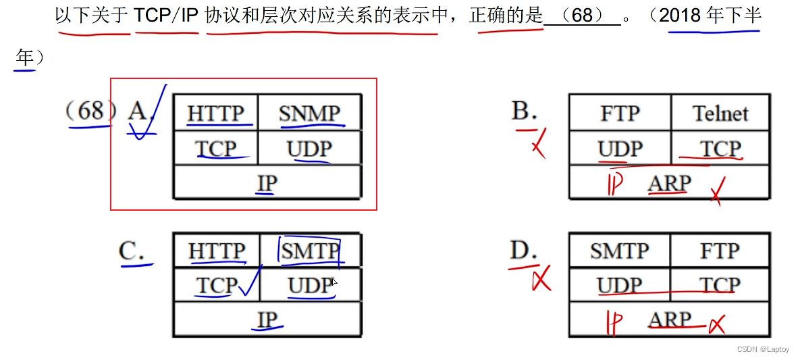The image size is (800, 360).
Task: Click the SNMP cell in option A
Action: coord(310,113)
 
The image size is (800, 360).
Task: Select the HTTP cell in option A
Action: coord(216,113)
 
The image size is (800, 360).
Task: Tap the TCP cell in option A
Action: coord(216,149)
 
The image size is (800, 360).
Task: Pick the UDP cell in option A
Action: coord(310,149)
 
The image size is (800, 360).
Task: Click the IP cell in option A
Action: coord(267,182)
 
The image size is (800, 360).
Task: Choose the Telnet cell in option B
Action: coord(720,113)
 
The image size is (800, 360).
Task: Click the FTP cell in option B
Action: coord(620,113)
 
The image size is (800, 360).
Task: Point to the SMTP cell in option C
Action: coord(310,251)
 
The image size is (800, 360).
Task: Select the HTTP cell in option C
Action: coord(216,251)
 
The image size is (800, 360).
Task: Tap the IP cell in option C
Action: coord(267,319)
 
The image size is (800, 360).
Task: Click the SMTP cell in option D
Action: coord(619,251)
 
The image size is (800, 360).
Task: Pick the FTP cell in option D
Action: coord(720,251)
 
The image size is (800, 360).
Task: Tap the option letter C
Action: coord(131,251)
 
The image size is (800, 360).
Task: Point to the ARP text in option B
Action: coord(669,183)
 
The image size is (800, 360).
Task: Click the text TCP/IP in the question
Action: coord(166,16)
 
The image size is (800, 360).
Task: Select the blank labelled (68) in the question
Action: coord(582,16)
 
